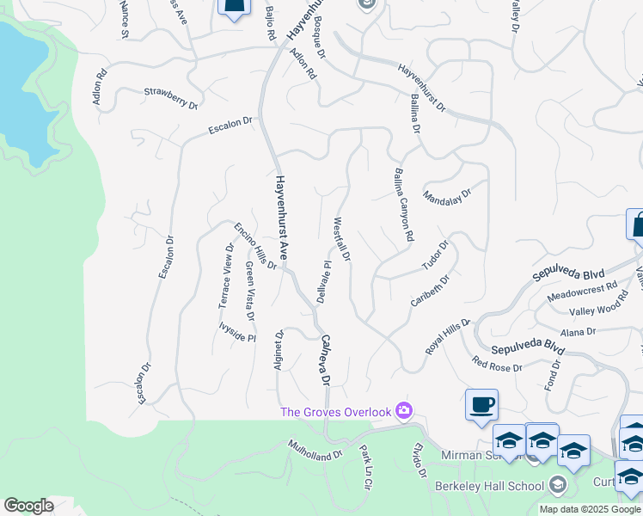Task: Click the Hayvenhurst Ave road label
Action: pyautogui.click(x=280, y=219)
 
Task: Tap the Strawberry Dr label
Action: pyautogui.click(x=171, y=96)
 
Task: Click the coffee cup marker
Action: pyautogui.click(x=481, y=403)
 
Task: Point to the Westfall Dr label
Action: pyautogui.click(x=341, y=240)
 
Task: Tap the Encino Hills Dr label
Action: pyautogui.click(x=255, y=246)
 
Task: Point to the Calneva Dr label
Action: pyautogui.click(x=325, y=359)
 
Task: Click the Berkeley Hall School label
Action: pyautogui.click(x=493, y=486)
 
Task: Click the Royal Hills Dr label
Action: pyautogui.click(x=448, y=337)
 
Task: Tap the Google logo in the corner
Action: pyautogui.click(x=28, y=506)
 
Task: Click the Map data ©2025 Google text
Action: pyautogui.click(x=590, y=509)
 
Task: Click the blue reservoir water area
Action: pyautogui.click(x=21, y=86)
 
